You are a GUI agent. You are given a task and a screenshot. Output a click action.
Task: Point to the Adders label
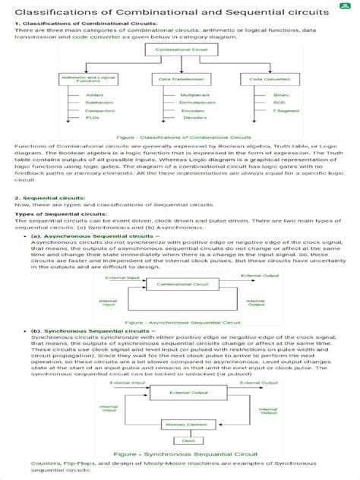point(95,95)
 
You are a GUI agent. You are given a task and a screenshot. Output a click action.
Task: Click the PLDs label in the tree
point(93,118)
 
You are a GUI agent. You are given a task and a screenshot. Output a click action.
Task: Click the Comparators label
point(98,111)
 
